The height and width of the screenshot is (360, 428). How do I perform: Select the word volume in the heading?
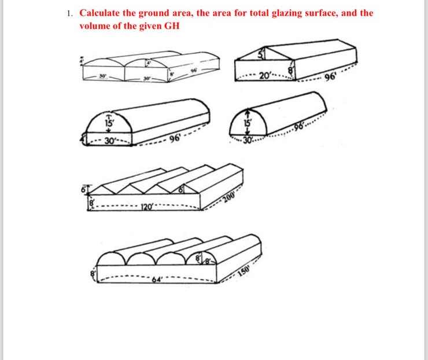coord(96,26)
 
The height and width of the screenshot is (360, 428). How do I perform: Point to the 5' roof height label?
coord(261,56)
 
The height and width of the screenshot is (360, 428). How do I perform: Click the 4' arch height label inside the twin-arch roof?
coord(148,61)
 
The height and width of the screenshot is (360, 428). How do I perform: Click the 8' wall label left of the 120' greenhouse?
coord(90,204)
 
